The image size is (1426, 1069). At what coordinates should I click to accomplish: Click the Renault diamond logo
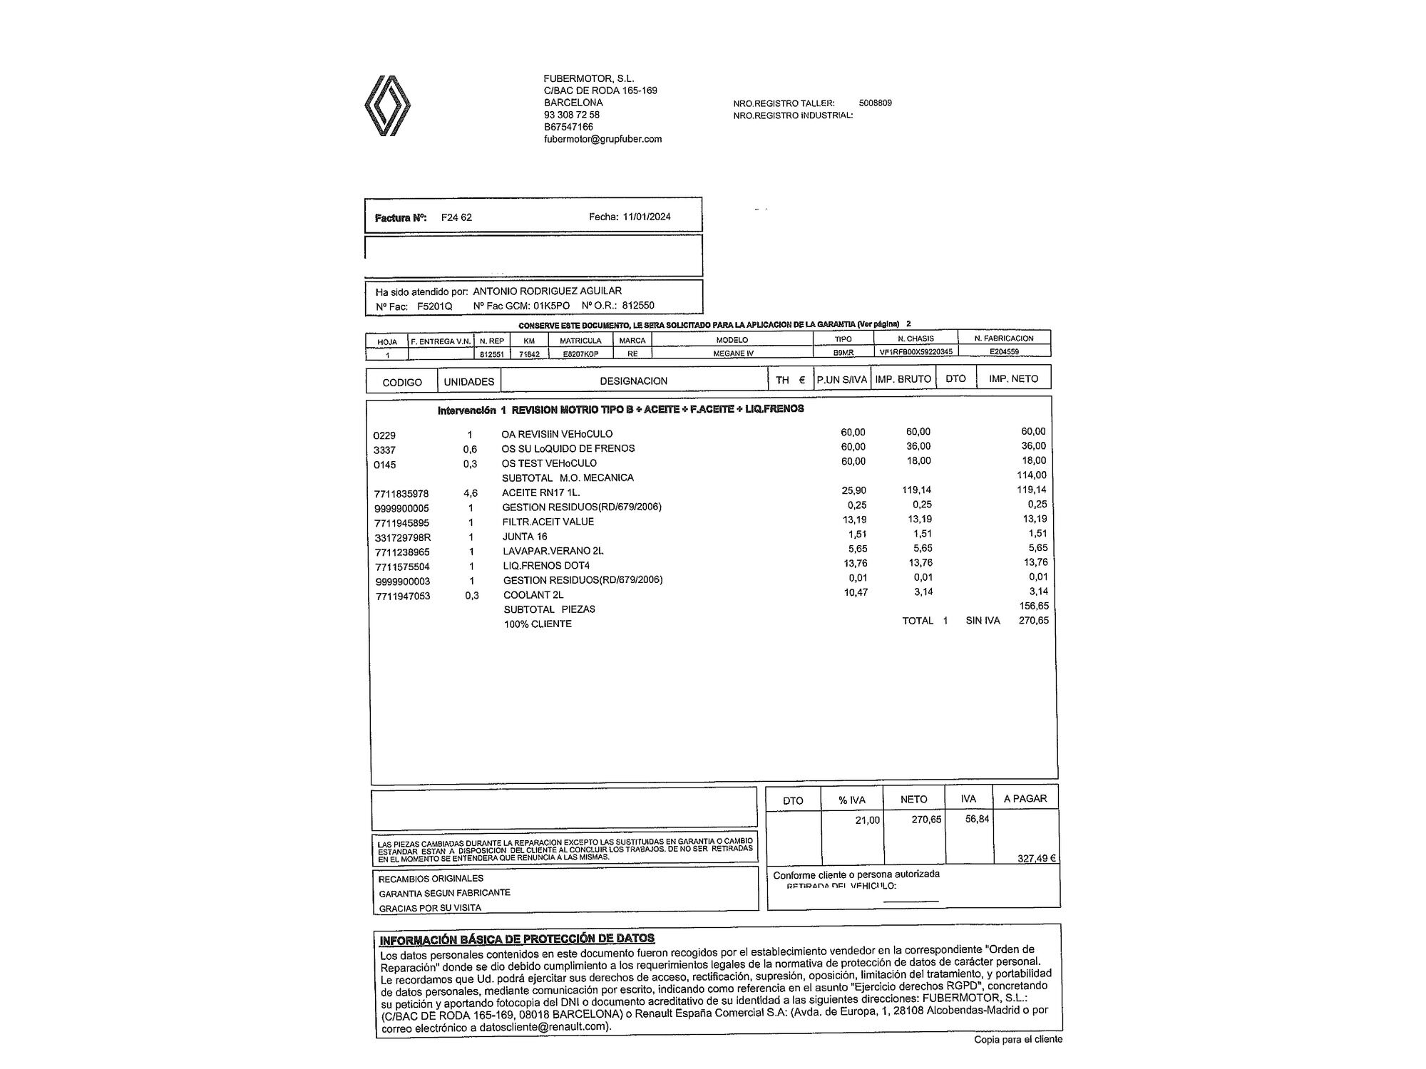coord(387,105)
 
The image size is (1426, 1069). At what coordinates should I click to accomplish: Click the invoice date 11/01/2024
coord(647,217)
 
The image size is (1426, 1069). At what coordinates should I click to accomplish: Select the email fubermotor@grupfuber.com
coord(602,139)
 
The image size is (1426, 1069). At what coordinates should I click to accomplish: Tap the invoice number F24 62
coord(456,217)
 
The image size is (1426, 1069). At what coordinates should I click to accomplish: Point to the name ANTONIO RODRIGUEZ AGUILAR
coord(547,291)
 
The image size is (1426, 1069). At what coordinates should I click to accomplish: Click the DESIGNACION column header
coord(633,381)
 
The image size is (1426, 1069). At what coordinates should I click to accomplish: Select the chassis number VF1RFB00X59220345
coord(915,352)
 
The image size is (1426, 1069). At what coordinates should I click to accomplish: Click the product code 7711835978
coord(401,494)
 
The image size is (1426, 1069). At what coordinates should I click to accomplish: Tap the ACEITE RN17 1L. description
coord(540,492)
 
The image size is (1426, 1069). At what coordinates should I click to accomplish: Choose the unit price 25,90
coord(853,490)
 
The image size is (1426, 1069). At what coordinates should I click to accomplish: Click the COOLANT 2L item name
coord(533,595)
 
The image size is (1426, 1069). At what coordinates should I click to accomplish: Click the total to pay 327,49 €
coord(1036,858)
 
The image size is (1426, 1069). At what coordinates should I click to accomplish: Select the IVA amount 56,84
coord(977,820)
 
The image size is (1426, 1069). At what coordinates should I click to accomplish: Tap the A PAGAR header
coord(1025,799)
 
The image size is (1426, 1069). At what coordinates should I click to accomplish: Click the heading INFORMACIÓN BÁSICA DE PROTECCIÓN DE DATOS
coord(517,939)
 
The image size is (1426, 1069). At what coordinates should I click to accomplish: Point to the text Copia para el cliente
coord(1018,1040)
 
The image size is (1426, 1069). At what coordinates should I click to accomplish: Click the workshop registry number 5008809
coord(875,103)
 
